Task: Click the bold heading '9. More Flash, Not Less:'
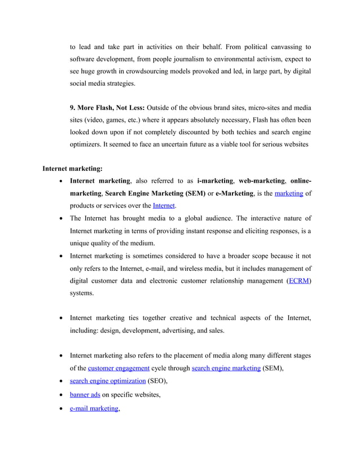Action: coord(107,108)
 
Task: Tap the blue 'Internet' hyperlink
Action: coord(164,206)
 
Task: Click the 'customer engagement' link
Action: coord(118,368)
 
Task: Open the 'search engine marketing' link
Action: coord(226,368)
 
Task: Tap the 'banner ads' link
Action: coord(85,394)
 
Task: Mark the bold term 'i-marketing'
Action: coord(214,181)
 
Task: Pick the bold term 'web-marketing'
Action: coord(262,181)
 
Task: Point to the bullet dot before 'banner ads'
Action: coord(61,395)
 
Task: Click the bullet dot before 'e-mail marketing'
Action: coord(61,408)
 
